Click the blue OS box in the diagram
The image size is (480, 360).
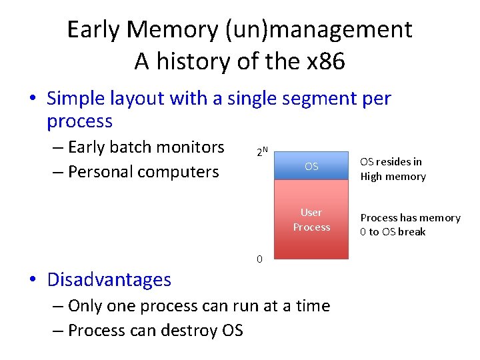pyautogui.click(x=311, y=166)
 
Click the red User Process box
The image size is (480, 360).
pyautogui.click(x=311, y=220)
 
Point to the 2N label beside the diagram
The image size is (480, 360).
pyautogui.click(x=262, y=152)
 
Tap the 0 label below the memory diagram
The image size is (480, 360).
pyautogui.click(x=260, y=259)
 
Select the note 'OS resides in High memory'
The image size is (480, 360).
pyautogui.click(x=393, y=169)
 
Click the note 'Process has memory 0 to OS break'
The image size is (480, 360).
pyautogui.click(x=410, y=225)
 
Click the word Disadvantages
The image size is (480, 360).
pyautogui.click(x=109, y=279)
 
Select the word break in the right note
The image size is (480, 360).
pyautogui.click(x=413, y=232)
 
